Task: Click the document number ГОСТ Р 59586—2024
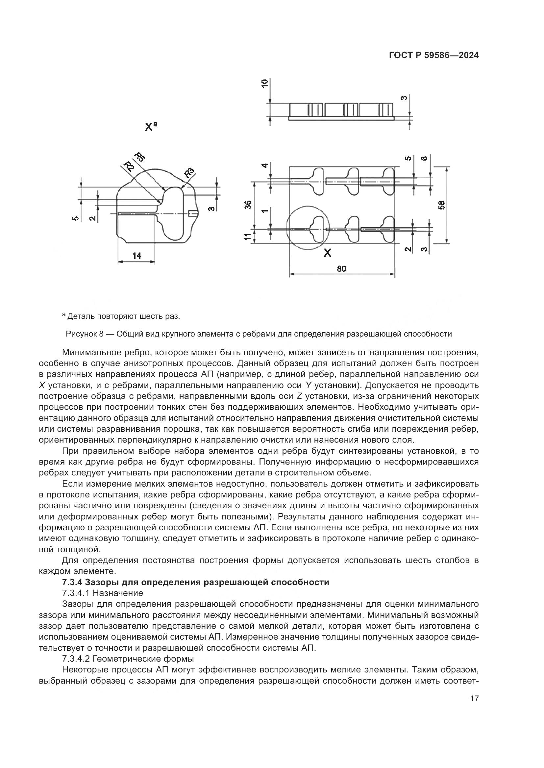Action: [433, 55]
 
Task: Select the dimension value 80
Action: [341, 269]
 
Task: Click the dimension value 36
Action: [248, 204]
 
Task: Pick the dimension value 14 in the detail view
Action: [137, 256]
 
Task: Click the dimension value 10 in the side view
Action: [265, 83]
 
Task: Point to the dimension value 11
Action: [248, 237]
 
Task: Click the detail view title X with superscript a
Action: [150, 127]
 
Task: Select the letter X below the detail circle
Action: [327, 253]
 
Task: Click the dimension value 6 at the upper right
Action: [424, 159]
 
